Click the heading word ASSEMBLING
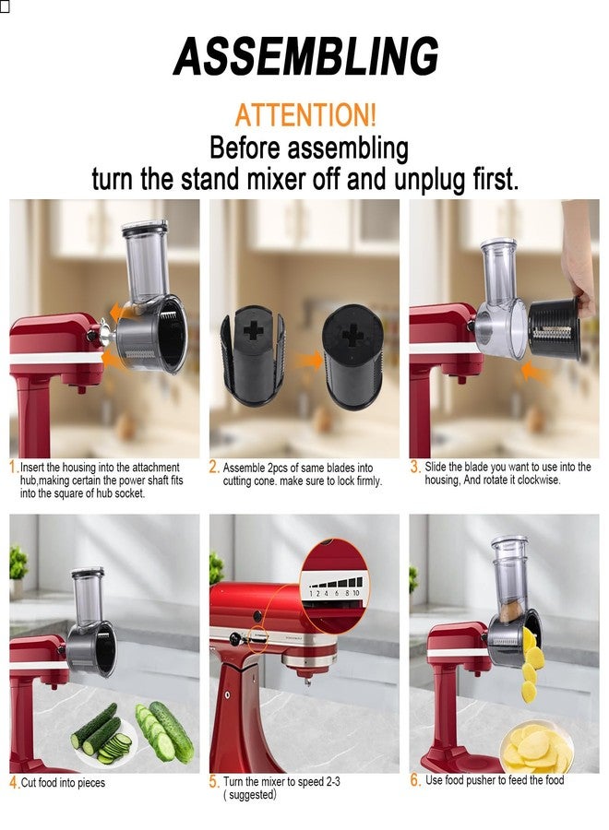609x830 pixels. [x=305, y=57]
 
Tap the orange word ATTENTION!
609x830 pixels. [x=305, y=116]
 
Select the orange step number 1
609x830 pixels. [x=13, y=468]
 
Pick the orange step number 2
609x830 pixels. [x=214, y=468]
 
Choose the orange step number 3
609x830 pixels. [x=415, y=468]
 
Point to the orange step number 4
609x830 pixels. [x=14, y=783]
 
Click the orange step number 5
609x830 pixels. [x=214, y=782]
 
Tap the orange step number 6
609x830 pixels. [x=415, y=780]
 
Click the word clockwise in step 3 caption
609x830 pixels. [x=534, y=480]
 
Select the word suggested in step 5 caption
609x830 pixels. [x=251, y=795]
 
